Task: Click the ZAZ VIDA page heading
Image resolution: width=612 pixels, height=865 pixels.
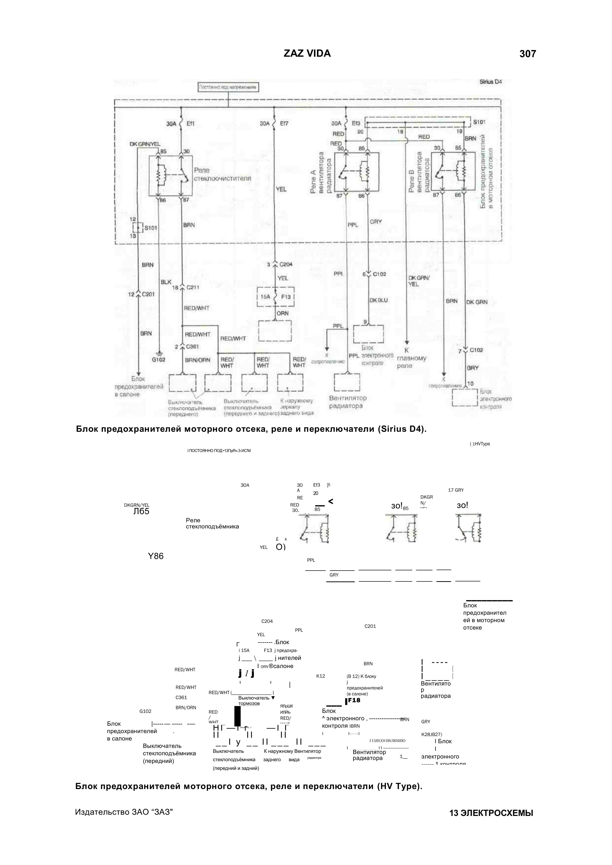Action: [307, 54]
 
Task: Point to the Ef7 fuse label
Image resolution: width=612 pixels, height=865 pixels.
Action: [284, 123]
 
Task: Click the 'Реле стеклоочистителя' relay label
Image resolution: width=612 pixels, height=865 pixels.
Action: [222, 174]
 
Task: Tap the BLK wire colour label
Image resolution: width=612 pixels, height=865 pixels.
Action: [166, 282]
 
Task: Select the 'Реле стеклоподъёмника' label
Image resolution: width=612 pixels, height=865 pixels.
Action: [212, 523]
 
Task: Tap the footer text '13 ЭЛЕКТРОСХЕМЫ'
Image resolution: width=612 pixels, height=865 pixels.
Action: [491, 824]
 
